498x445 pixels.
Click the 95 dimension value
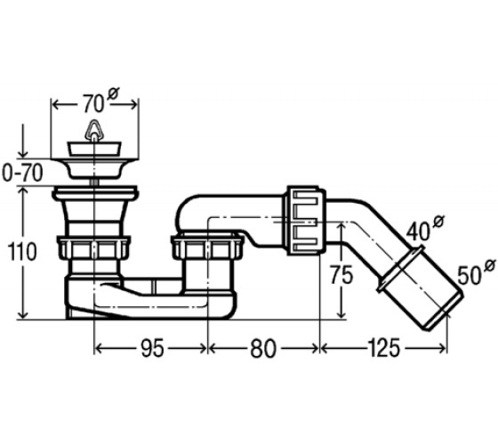pos(152,348)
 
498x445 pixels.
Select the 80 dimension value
pos(263,348)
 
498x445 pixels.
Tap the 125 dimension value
pos(384,348)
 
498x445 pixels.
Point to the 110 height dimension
pos(22,251)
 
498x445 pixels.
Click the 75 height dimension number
pos(341,275)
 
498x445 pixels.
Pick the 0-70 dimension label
pos(22,174)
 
